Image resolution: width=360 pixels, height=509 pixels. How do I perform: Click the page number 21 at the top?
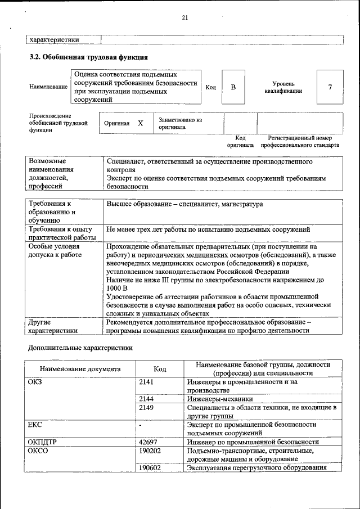pos(184,17)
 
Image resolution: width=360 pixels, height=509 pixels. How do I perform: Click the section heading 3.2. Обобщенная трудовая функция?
pos(88,57)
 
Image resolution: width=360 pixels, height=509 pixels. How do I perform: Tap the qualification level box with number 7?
pos(330,87)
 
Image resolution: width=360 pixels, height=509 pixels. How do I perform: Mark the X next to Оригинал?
pos(141,123)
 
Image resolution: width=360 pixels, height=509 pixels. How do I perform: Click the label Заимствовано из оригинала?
pos(180,123)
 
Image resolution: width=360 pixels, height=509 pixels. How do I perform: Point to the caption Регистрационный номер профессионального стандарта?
pos(299,141)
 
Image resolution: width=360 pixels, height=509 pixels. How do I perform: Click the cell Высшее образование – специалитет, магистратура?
pos(184,204)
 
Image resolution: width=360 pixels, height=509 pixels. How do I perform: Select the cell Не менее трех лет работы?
pos(208,229)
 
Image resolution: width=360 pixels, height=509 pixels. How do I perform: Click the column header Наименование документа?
pos(80,369)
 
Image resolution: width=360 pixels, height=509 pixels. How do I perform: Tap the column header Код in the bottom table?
pos(160,369)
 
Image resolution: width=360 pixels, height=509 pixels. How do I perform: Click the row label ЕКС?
pos(35,425)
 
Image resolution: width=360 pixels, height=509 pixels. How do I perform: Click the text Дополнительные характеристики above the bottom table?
pos(80,348)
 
